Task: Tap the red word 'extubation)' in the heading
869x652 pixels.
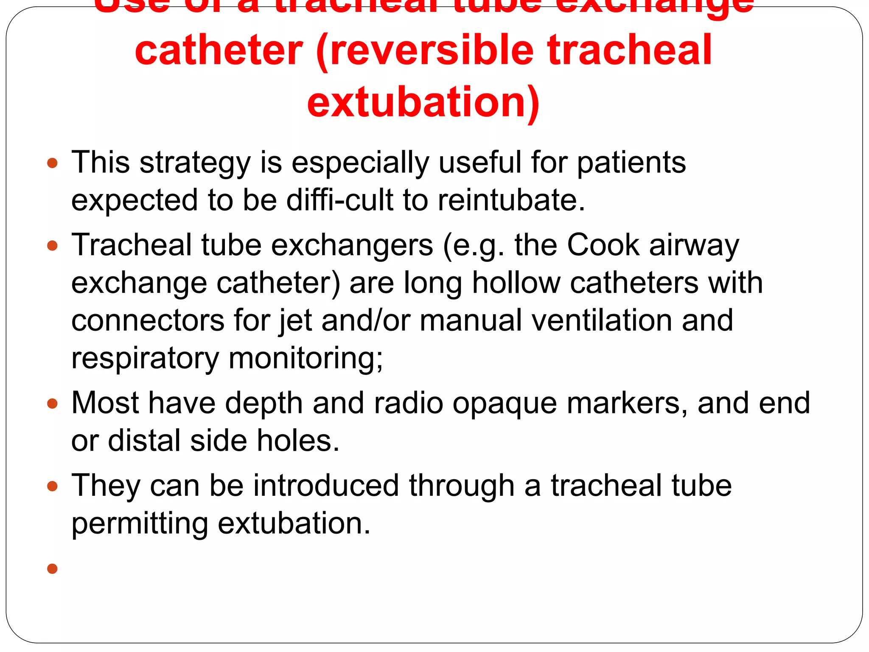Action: (x=423, y=102)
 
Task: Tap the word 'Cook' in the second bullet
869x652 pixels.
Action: (x=603, y=245)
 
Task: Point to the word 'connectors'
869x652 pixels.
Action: (x=148, y=320)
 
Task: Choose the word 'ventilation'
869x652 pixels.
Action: (x=602, y=320)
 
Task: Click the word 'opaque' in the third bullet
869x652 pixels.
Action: (x=505, y=403)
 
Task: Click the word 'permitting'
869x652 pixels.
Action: (x=140, y=523)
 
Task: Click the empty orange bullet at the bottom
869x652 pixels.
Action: (x=52, y=568)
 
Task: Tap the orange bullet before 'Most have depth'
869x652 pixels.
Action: (x=52, y=403)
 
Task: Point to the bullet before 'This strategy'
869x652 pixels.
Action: (x=52, y=163)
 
